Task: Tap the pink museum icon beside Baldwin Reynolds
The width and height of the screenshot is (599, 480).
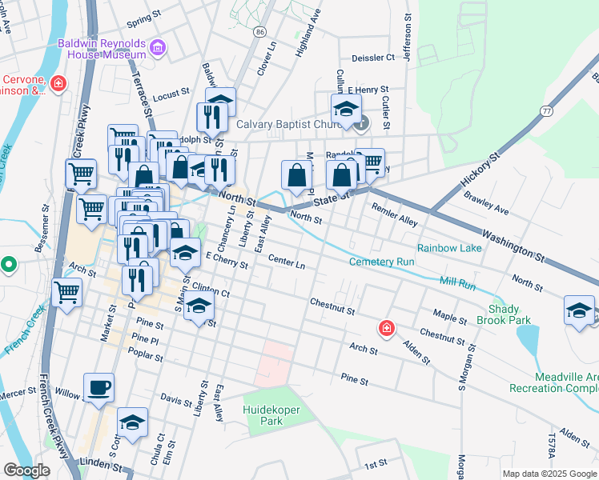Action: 158,49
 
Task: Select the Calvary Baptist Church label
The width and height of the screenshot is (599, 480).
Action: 294,124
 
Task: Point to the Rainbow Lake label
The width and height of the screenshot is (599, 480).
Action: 448,248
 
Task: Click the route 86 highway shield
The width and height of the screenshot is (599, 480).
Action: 259,31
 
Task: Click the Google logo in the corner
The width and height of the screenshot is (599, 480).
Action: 26,470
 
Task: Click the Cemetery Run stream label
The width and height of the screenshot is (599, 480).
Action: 381,262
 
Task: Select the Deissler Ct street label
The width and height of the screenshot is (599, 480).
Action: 373,58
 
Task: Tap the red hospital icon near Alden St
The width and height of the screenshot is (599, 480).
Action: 386,328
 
